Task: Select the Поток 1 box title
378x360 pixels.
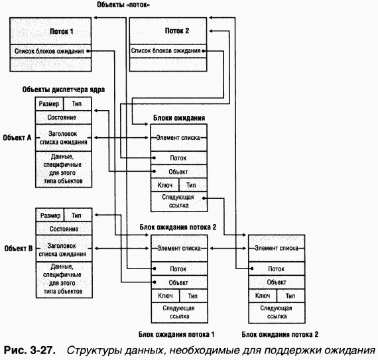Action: coord(62,31)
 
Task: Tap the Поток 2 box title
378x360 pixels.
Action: coord(177,31)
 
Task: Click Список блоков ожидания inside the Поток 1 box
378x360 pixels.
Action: coord(52,50)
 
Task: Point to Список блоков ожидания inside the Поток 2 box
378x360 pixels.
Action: coord(167,50)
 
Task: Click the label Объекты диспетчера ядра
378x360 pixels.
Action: coord(64,88)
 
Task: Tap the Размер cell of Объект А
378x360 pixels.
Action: coord(50,105)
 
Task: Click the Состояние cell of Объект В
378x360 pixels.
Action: coord(64,228)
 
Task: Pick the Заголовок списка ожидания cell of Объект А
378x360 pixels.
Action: coord(64,138)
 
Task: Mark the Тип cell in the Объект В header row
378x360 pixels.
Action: coord(78,215)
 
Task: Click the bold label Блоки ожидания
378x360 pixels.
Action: coord(179,118)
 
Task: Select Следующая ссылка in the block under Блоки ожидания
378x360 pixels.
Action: coord(179,202)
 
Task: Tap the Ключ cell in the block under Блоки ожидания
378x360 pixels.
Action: coord(164,185)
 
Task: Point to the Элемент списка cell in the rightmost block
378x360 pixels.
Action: coord(276,248)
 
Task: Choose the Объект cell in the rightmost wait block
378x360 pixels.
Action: coord(276,282)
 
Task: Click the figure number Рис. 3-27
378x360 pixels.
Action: coord(29,349)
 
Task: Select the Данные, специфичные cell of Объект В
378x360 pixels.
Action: coord(64,278)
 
